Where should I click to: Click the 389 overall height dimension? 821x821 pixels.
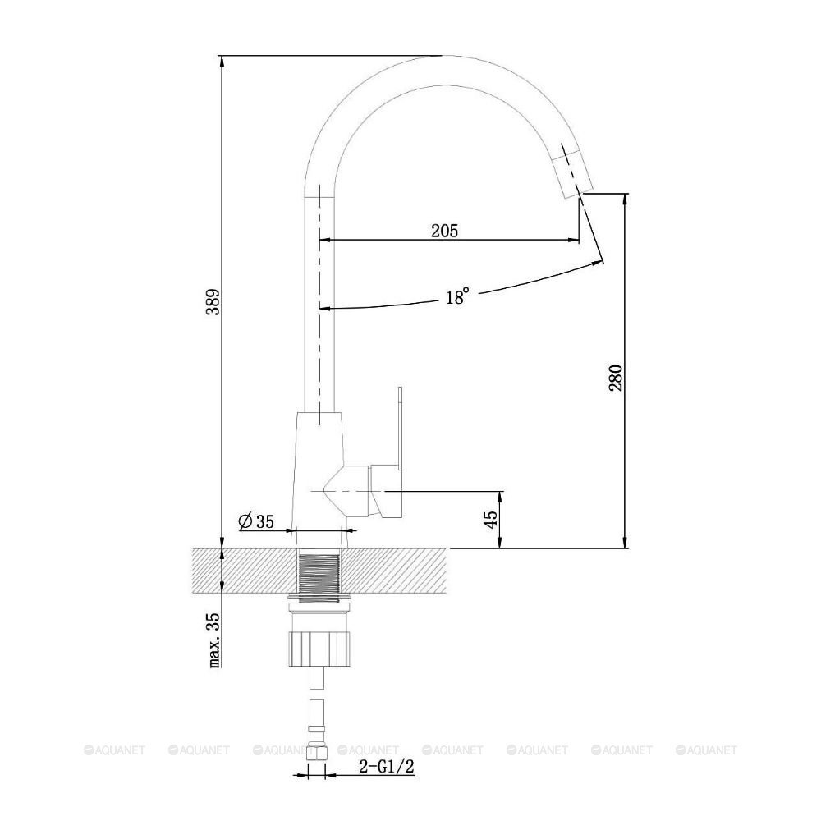coord(213,301)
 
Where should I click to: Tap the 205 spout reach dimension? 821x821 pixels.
coord(444,231)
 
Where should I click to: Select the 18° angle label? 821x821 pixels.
coord(457,297)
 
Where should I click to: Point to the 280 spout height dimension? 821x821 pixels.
coord(616,378)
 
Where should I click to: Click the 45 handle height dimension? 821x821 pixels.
coord(491,520)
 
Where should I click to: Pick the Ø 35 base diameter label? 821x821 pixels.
coord(256,521)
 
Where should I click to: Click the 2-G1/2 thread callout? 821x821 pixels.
coord(387,767)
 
